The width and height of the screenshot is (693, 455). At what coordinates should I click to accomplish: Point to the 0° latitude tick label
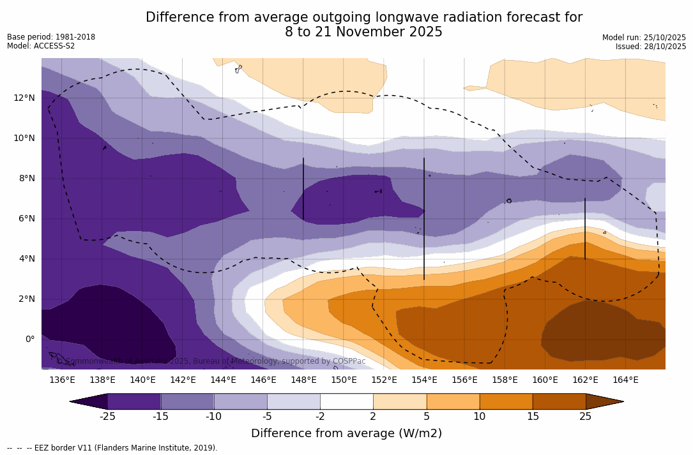(29, 339)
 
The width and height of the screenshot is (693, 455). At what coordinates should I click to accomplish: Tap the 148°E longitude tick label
(303, 380)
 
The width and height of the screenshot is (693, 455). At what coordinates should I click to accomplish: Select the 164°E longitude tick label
(625, 380)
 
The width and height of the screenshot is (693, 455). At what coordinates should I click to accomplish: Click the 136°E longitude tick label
(62, 380)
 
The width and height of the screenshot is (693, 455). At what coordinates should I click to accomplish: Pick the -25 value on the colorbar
(107, 417)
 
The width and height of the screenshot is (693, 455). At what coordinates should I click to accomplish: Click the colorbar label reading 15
(532, 417)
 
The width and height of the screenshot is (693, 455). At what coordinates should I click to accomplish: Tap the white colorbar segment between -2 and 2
(346, 401)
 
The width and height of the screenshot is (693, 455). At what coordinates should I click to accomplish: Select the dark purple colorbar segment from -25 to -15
(134, 401)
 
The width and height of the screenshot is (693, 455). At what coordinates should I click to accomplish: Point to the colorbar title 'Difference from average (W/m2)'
(346, 433)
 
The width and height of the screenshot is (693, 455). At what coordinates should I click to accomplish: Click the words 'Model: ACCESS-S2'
(41, 46)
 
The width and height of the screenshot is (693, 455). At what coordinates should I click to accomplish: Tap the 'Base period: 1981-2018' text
(51, 37)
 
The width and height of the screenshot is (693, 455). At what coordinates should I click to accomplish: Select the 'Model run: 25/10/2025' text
(644, 38)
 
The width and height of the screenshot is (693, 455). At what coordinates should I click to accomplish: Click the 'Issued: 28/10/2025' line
(651, 47)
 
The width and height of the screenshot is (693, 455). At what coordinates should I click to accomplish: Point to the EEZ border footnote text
(112, 448)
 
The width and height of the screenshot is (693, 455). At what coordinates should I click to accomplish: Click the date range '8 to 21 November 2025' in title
(363, 32)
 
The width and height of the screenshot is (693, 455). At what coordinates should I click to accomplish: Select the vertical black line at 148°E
(303, 188)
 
